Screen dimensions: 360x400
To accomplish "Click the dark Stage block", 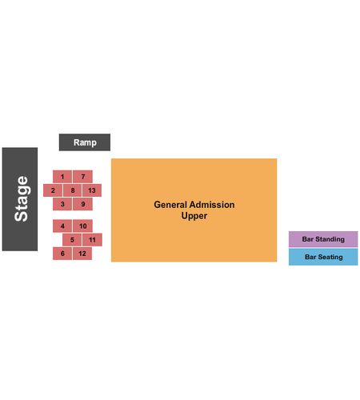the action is pos(20,199).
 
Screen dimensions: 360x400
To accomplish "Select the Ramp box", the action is pos(85,142).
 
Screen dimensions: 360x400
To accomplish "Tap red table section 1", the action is pos(62,177).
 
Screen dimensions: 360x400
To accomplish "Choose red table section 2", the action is pos(53,190).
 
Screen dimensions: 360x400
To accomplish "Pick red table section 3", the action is pos(62,204).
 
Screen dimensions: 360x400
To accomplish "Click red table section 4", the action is pos(62,226).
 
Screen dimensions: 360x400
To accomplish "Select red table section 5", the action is pos(72,240).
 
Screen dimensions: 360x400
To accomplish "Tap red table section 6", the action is pos(62,254).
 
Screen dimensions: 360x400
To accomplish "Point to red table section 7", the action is pos(82,177).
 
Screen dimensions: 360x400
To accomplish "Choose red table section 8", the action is pos(73,190).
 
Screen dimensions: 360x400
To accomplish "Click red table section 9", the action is pos(82,204).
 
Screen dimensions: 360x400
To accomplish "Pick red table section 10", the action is pos(82,226).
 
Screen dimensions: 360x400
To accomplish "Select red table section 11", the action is pos(92,240).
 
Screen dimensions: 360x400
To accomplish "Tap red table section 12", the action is pos(82,254).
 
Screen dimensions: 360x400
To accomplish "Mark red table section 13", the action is pos(92,190).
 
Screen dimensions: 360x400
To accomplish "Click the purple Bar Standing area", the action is pos(323,239).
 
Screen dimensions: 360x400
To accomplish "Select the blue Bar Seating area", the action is pos(323,257).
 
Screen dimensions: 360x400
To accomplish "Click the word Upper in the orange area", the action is pos(194,216).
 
